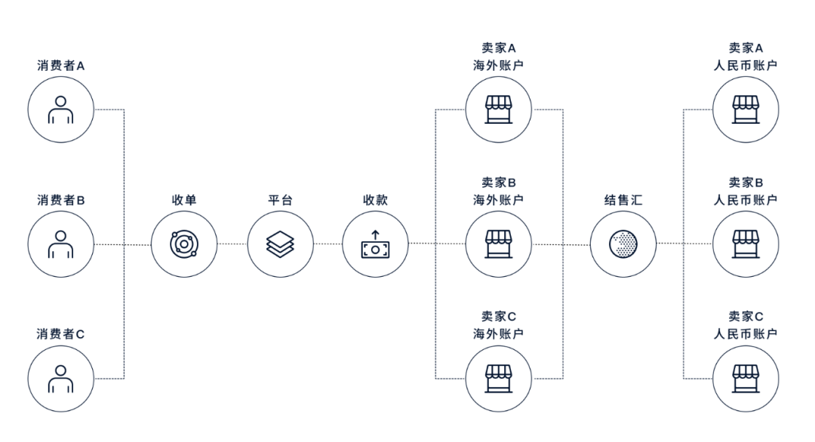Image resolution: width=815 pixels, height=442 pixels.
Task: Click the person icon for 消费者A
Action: pos(61,109)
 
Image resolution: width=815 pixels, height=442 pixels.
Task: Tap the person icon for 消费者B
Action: pos(61,244)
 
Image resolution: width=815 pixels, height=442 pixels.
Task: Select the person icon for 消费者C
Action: pos(61,379)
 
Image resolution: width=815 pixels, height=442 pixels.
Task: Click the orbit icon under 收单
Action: pos(184,244)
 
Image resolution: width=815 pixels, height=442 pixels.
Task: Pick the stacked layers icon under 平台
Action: pos(280,244)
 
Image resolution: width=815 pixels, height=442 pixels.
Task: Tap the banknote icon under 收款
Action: pos(375,244)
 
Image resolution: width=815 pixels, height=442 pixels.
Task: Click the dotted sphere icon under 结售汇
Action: pos(623,244)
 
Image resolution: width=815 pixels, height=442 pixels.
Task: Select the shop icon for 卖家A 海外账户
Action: pos(499,109)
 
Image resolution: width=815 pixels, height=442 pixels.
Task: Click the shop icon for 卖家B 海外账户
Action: pos(499,244)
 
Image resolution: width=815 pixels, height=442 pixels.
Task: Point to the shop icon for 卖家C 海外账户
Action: pos(499,379)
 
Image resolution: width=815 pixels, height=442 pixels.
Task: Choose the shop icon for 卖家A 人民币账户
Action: pos(746,109)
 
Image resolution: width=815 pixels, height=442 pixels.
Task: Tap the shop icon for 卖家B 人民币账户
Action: pos(746,244)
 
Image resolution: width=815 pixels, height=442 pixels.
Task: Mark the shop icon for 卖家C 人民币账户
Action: pos(746,379)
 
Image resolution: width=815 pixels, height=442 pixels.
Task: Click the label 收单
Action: pos(184,200)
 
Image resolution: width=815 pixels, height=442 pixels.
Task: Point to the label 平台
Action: pos(280,200)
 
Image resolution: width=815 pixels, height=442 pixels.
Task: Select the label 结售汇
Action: pos(623,200)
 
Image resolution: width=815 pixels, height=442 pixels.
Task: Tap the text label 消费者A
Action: pos(61,66)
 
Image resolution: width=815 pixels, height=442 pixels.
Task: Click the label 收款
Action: pos(375,200)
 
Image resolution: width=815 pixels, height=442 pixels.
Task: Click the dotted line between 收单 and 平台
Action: pos(232,244)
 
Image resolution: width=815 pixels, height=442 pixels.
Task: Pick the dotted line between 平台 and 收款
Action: pos(328,244)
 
